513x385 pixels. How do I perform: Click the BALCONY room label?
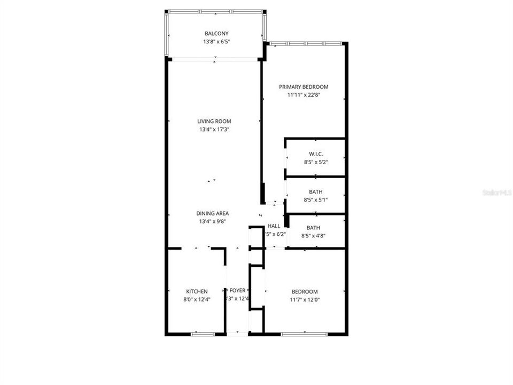215,34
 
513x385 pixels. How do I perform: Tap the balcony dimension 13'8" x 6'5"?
215,42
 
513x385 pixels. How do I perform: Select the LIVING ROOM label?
214,121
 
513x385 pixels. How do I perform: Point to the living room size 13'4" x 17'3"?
214,129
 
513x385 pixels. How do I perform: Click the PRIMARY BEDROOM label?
304,87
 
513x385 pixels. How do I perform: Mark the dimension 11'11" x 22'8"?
304,95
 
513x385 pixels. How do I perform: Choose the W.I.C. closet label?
315,154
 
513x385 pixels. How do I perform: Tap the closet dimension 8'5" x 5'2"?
315,162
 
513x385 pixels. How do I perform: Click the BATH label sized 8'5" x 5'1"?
315,192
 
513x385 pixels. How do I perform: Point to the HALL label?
274,226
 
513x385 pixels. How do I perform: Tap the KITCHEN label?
197,291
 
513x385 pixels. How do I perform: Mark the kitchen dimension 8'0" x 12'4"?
197,299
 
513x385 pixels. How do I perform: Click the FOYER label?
237,291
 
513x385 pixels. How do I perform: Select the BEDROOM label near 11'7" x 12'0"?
305,291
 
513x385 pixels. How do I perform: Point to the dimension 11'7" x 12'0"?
305,299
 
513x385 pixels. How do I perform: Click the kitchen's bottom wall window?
203,334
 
